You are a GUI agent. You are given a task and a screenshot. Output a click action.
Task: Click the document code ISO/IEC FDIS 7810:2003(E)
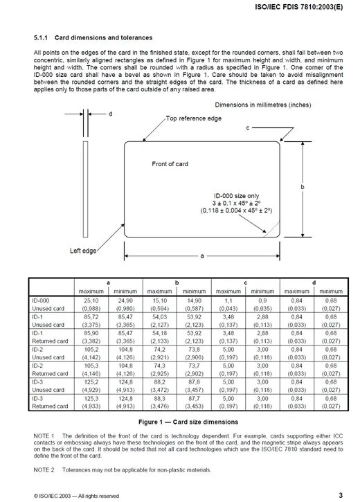pyautogui.click(x=298, y=7)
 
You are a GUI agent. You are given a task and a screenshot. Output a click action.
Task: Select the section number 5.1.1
pyautogui.click(x=41, y=38)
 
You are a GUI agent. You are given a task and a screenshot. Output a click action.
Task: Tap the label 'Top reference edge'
pyautogui.click(x=194, y=118)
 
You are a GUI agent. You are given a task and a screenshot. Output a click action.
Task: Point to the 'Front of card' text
pyautogui.click(x=170, y=164)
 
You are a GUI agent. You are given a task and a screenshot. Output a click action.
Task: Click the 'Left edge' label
pyautogui.click(x=83, y=251)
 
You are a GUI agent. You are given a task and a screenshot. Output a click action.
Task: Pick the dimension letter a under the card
pyautogui.click(x=202, y=256)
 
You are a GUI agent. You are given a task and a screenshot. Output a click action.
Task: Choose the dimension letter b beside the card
pyautogui.click(x=303, y=187)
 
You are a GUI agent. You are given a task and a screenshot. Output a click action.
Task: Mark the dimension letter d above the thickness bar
pyautogui.click(x=111, y=114)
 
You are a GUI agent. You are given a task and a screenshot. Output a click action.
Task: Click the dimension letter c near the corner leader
pyautogui.click(x=248, y=128)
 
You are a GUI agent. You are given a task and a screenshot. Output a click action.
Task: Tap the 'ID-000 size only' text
pyautogui.click(x=237, y=196)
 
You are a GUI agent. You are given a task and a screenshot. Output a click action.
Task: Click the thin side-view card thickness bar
pyautogui.click(x=85, y=189)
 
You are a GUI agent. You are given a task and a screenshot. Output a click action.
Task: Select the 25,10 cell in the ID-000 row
pyautogui.click(x=91, y=301)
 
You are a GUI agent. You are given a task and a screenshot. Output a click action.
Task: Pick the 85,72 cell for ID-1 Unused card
pyautogui.click(x=91, y=317)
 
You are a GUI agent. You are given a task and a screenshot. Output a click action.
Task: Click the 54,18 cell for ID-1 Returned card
pyautogui.click(x=160, y=333)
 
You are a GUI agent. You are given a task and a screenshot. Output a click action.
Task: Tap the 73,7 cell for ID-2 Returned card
pyautogui.click(x=194, y=366)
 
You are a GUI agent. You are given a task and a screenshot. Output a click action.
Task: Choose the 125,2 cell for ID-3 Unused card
pyautogui.click(x=91, y=382)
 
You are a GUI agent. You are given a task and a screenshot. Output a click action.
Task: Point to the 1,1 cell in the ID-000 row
pyautogui.click(x=228, y=301)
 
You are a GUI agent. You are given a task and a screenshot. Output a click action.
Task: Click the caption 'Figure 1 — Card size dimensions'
pyautogui.click(x=188, y=422)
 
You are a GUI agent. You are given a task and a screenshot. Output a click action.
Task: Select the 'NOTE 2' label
pyautogui.click(x=44, y=470)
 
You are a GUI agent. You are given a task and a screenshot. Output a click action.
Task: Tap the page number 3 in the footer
pyautogui.click(x=341, y=495)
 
